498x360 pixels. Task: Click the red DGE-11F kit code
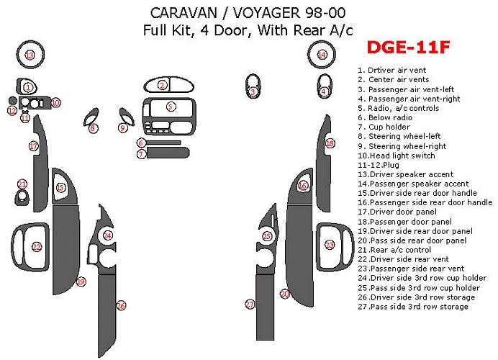pos(409,48)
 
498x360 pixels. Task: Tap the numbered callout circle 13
pos(30,55)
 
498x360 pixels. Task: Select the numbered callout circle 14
pos(322,55)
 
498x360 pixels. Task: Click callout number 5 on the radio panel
pos(171,106)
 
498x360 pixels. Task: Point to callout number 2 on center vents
pos(163,85)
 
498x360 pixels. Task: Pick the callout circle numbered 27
pos(250,305)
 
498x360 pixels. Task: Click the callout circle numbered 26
pos(121,306)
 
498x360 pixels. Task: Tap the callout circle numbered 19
pos(81,282)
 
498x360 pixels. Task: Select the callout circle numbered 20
pos(284,294)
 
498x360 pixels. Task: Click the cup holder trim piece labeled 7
pos(168,153)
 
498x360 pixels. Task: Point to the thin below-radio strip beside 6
pos(163,143)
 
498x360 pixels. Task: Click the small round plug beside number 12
pos(12,101)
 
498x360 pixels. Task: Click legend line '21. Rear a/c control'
pos(394,250)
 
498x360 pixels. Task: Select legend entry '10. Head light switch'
pos(397,156)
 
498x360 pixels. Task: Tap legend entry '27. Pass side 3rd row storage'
pos(413,307)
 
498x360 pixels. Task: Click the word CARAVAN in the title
pos(184,14)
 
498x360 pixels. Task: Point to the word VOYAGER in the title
pos(268,14)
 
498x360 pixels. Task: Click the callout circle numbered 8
pos(93,128)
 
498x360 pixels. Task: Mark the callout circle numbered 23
pos(330,245)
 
